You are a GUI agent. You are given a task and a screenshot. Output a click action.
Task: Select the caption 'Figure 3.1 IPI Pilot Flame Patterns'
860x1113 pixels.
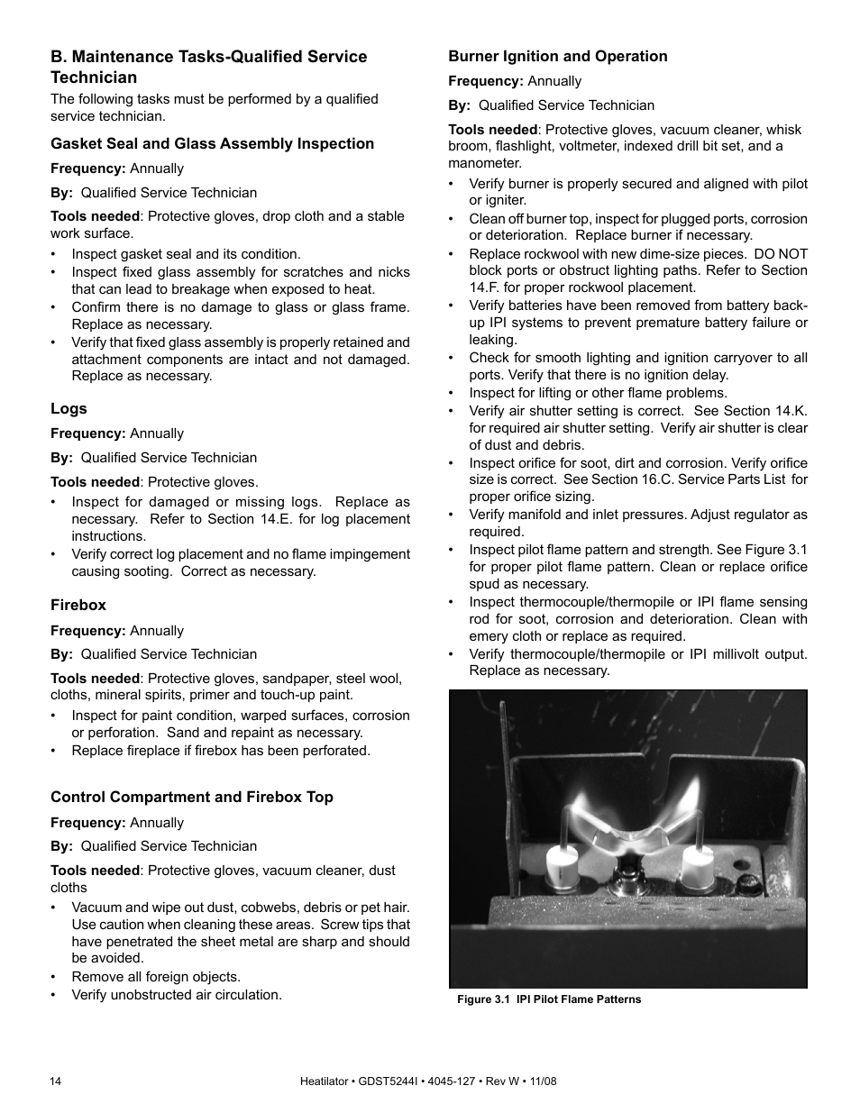pos(549,999)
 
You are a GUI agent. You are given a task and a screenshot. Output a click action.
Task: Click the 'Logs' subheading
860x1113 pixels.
pos(69,408)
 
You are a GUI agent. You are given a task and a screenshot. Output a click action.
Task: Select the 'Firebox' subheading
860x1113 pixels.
pos(78,605)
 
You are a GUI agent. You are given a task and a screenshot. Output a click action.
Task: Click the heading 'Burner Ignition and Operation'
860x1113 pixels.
pos(558,56)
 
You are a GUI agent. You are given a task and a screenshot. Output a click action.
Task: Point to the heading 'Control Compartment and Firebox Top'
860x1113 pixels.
pos(191,797)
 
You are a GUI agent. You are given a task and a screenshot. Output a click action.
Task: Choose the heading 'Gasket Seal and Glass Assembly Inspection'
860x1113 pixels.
pos(212,143)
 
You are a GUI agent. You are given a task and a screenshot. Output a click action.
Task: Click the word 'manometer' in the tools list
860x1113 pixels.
pos(484,163)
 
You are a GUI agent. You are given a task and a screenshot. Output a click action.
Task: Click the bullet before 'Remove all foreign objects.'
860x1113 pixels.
pos(55,977)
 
